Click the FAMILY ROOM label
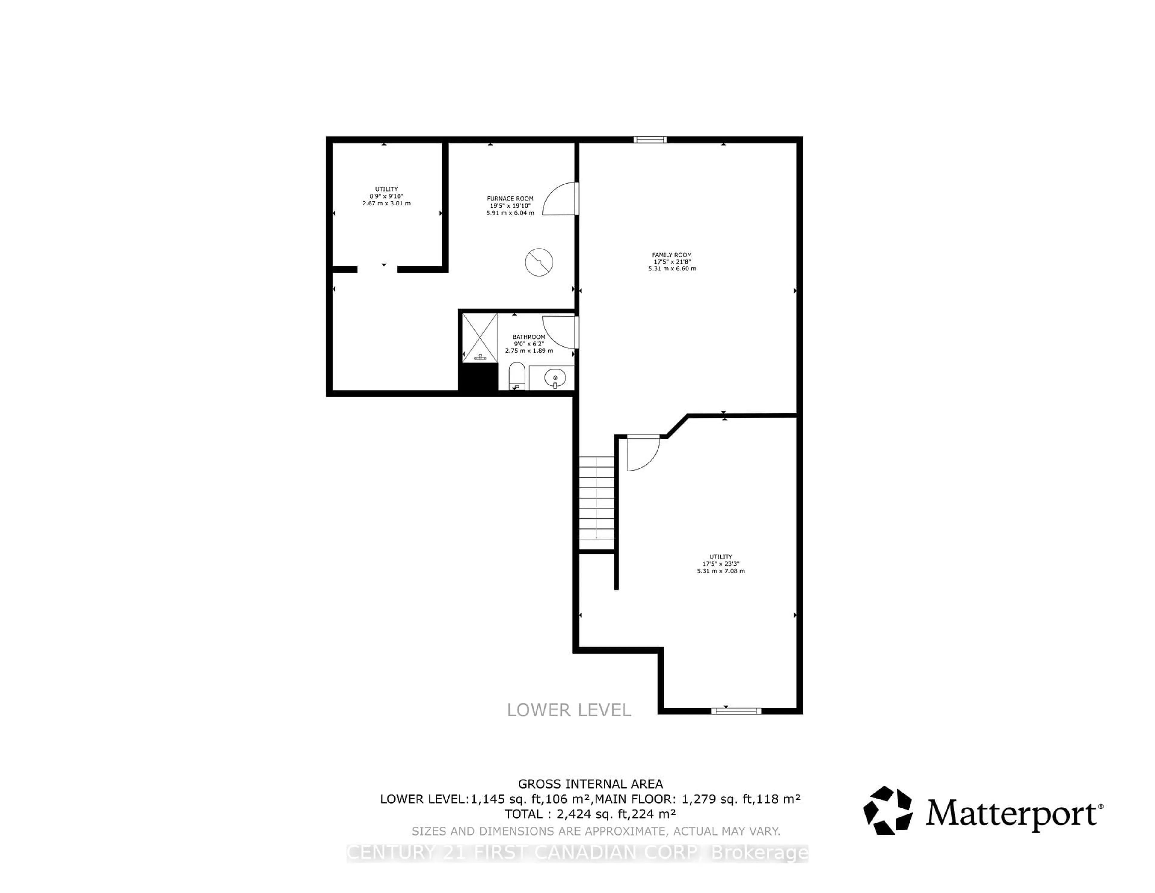(672, 255)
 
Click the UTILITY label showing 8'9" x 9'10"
(387, 189)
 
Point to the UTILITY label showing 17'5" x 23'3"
(720, 557)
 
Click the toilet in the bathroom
(516, 375)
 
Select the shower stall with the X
(480, 338)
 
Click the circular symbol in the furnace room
(539, 262)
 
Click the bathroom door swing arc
(559, 332)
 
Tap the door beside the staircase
(642, 453)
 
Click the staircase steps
(596, 502)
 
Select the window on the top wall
(650, 140)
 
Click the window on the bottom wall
(736, 710)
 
